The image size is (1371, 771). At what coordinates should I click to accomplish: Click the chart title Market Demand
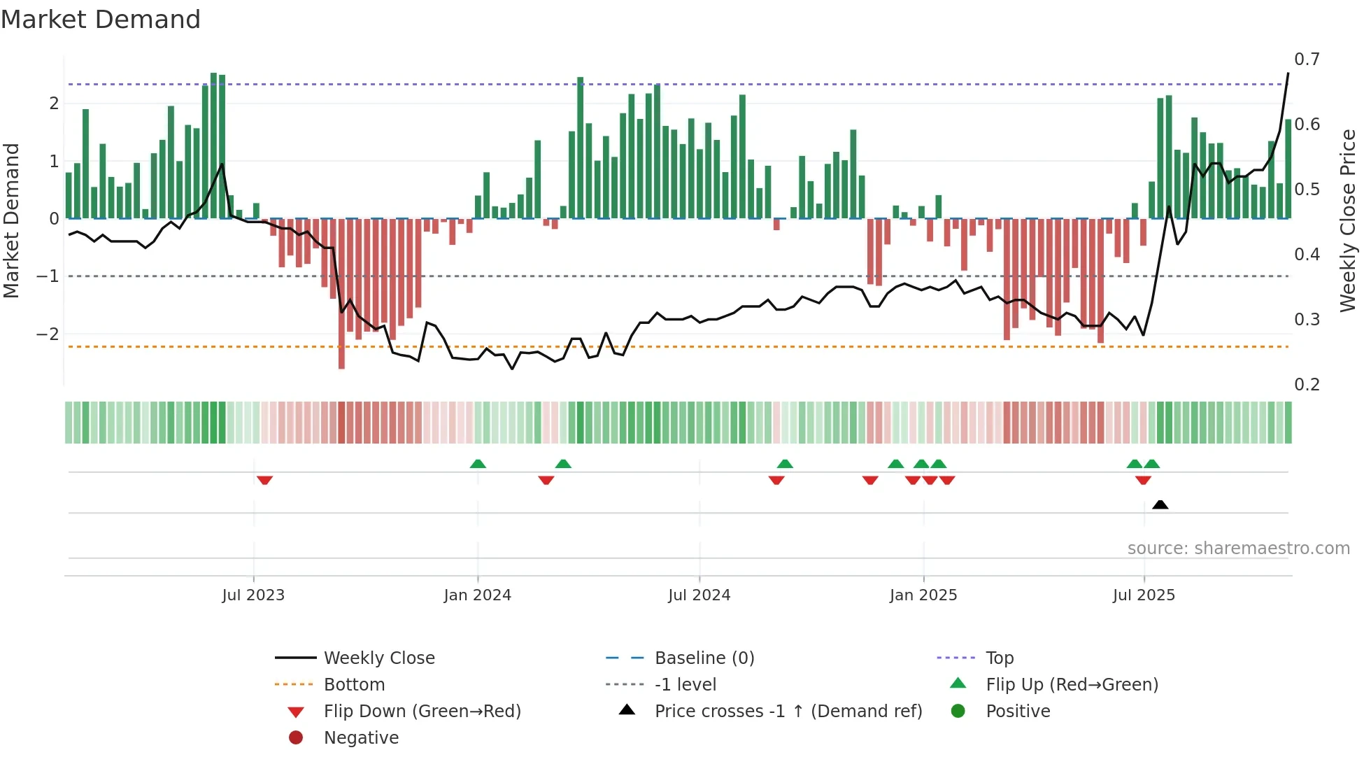(x=101, y=20)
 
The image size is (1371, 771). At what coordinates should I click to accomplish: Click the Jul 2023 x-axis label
(x=253, y=595)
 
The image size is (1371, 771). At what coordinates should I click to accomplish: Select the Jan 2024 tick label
(x=477, y=595)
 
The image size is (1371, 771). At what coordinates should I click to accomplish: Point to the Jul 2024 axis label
(x=699, y=595)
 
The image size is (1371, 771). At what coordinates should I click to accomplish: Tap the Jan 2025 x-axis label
(x=923, y=595)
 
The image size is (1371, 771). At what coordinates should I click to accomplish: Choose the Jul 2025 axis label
(x=1144, y=595)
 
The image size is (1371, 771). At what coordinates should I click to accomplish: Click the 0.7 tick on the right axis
(x=1307, y=59)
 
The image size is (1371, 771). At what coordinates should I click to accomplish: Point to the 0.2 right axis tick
(x=1307, y=385)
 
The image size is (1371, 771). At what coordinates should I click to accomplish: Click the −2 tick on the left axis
(x=48, y=334)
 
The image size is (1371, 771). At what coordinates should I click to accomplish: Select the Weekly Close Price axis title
(x=1347, y=220)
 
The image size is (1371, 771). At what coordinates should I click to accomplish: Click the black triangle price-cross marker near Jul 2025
(x=1160, y=504)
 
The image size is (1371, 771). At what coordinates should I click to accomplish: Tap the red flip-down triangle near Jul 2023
(x=264, y=480)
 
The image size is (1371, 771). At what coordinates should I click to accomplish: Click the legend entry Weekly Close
(x=378, y=658)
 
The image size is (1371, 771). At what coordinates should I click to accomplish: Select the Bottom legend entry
(x=354, y=685)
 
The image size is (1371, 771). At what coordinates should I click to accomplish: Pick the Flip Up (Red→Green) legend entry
(x=1072, y=685)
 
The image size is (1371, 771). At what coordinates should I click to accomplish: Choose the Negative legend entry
(x=361, y=738)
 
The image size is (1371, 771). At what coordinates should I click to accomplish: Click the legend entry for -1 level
(x=685, y=685)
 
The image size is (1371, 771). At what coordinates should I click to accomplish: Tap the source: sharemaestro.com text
(x=1238, y=549)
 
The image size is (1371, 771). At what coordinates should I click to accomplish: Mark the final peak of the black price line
(x=1288, y=73)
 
